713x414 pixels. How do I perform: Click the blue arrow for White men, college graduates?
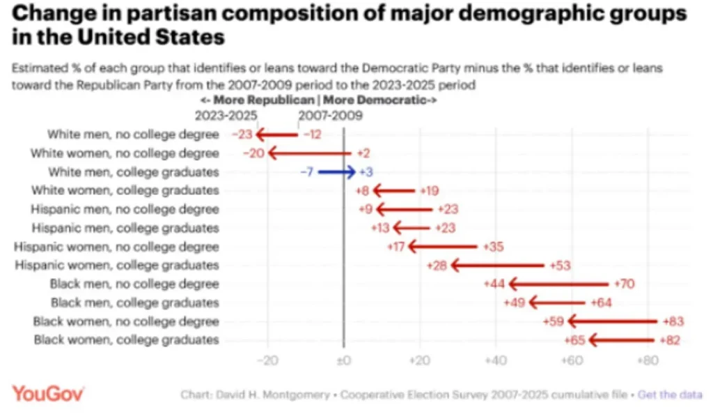(x=336, y=172)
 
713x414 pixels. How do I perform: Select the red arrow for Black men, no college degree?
(x=559, y=284)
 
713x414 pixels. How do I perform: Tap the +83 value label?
(x=673, y=321)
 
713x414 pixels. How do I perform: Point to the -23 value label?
(x=242, y=135)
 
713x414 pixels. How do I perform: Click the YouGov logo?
(x=48, y=394)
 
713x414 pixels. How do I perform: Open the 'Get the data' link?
(x=670, y=395)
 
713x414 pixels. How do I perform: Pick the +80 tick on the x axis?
(x=648, y=361)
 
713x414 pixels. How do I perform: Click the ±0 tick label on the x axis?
(x=344, y=361)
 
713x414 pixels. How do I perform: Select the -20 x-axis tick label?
(x=267, y=361)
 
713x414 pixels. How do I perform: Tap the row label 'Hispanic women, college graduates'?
(x=117, y=266)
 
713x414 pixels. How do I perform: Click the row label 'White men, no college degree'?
(x=133, y=135)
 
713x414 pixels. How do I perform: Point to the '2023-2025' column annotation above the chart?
(x=226, y=116)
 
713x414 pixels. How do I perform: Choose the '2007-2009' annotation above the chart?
(x=331, y=116)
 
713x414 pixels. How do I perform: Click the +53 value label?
(x=560, y=266)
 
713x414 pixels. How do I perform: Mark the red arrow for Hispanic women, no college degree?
(x=443, y=247)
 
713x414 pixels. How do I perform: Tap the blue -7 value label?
(x=307, y=172)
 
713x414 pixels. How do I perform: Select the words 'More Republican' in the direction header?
(x=264, y=100)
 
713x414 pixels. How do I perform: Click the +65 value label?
(x=574, y=340)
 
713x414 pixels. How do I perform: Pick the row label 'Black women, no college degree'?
(x=126, y=321)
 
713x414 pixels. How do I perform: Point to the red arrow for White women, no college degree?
(x=310, y=153)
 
